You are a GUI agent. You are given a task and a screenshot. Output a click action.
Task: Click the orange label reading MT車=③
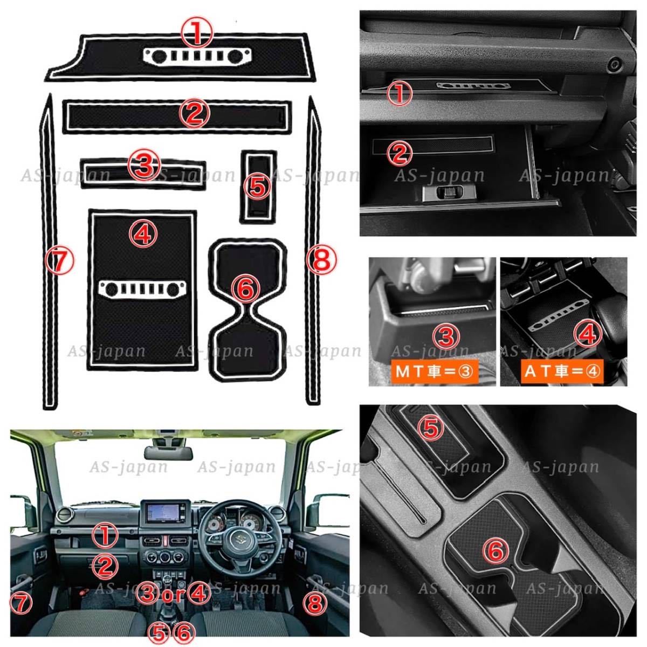tap(435, 371)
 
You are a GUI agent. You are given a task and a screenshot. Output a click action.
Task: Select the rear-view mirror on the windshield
tap(168, 452)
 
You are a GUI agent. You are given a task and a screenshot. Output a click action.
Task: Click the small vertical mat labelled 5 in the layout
tap(258, 187)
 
